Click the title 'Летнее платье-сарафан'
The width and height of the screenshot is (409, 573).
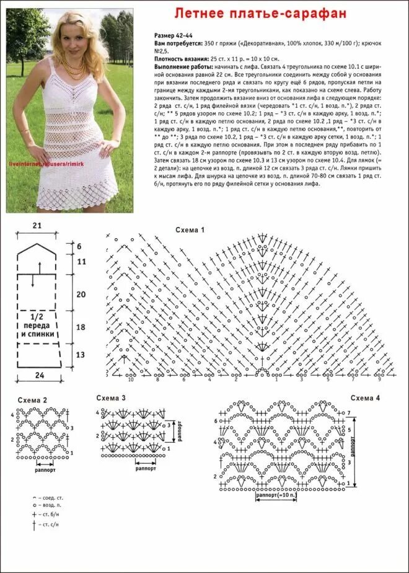pos(259,13)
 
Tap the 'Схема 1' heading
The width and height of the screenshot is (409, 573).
pos(190,230)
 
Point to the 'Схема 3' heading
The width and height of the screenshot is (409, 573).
pos(111,398)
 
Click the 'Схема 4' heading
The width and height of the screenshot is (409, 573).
pos(365,398)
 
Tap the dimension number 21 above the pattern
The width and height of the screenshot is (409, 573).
pos(37,226)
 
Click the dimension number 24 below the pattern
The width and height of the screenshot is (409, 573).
pos(40,375)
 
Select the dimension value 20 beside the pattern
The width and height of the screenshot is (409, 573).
pos(81,293)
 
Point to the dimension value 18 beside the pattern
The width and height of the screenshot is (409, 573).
pos(81,327)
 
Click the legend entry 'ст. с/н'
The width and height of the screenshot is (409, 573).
pos(48,525)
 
